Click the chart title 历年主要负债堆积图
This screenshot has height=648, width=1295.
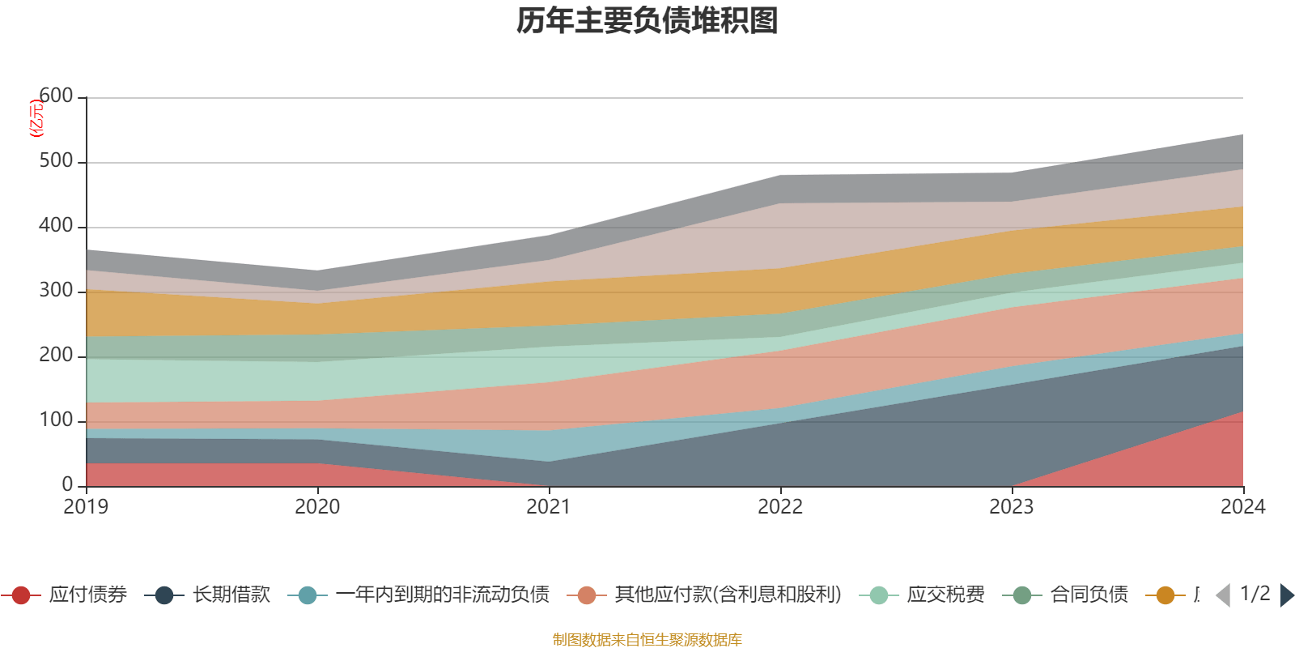point(647,21)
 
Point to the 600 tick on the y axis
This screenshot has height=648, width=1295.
point(56,96)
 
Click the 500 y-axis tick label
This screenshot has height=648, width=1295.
point(56,161)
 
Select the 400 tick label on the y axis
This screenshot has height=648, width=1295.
point(56,226)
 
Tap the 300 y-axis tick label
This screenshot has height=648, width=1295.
point(56,291)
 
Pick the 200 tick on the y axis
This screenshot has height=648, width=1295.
point(56,356)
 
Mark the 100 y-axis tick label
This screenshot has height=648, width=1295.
point(56,420)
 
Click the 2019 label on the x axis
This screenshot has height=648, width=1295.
point(86,507)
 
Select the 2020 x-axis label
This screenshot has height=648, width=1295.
point(317,507)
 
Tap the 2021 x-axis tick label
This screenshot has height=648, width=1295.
point(549,507)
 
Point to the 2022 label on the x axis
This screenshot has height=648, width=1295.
point(780,507)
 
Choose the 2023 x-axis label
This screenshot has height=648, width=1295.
point(1012,507)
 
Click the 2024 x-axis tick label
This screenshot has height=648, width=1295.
point(1242,507)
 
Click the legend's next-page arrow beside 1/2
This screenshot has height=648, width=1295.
point(1286,595)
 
